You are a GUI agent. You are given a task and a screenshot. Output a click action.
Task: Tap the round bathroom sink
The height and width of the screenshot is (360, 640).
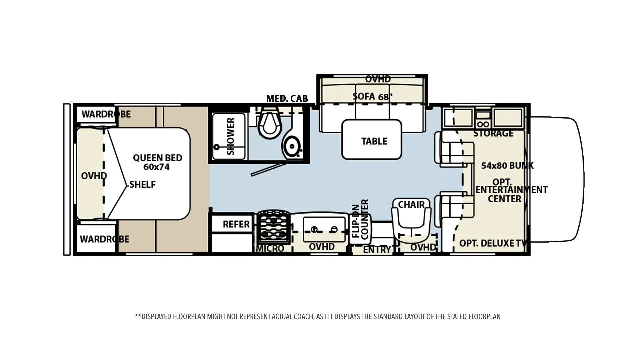point(292,146)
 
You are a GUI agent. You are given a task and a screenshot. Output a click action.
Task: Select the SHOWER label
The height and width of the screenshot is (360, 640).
point(231,136)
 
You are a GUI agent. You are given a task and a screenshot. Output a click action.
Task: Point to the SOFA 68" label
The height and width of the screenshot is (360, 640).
point(373,97)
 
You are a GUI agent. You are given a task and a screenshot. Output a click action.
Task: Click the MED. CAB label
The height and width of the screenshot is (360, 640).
point(287,99)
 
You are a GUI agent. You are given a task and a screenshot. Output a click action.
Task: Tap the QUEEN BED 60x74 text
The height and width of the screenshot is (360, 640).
point(157,162)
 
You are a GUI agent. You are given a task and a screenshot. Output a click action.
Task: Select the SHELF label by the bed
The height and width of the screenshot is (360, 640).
point(142,184)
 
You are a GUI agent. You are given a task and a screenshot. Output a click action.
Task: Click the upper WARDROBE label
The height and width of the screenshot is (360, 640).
point(106,114)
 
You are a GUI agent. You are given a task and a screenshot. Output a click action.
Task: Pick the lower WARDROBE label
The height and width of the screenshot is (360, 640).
point(104,239)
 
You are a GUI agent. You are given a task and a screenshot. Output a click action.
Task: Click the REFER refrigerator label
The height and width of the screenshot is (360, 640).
point(236,224)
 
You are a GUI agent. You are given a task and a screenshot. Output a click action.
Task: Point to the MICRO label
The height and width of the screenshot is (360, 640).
point(270,249)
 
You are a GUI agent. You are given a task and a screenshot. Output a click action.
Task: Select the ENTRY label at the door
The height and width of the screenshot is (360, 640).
point(377,250)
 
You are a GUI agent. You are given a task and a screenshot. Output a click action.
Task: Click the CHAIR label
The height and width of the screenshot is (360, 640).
point(411,204)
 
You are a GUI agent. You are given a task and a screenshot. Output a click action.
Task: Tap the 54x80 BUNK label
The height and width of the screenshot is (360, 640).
point(507,165)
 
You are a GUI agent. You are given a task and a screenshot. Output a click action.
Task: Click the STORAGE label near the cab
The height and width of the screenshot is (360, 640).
point(493,133)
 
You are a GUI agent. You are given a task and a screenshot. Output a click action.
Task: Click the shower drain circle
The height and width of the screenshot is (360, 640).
point(217,147)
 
